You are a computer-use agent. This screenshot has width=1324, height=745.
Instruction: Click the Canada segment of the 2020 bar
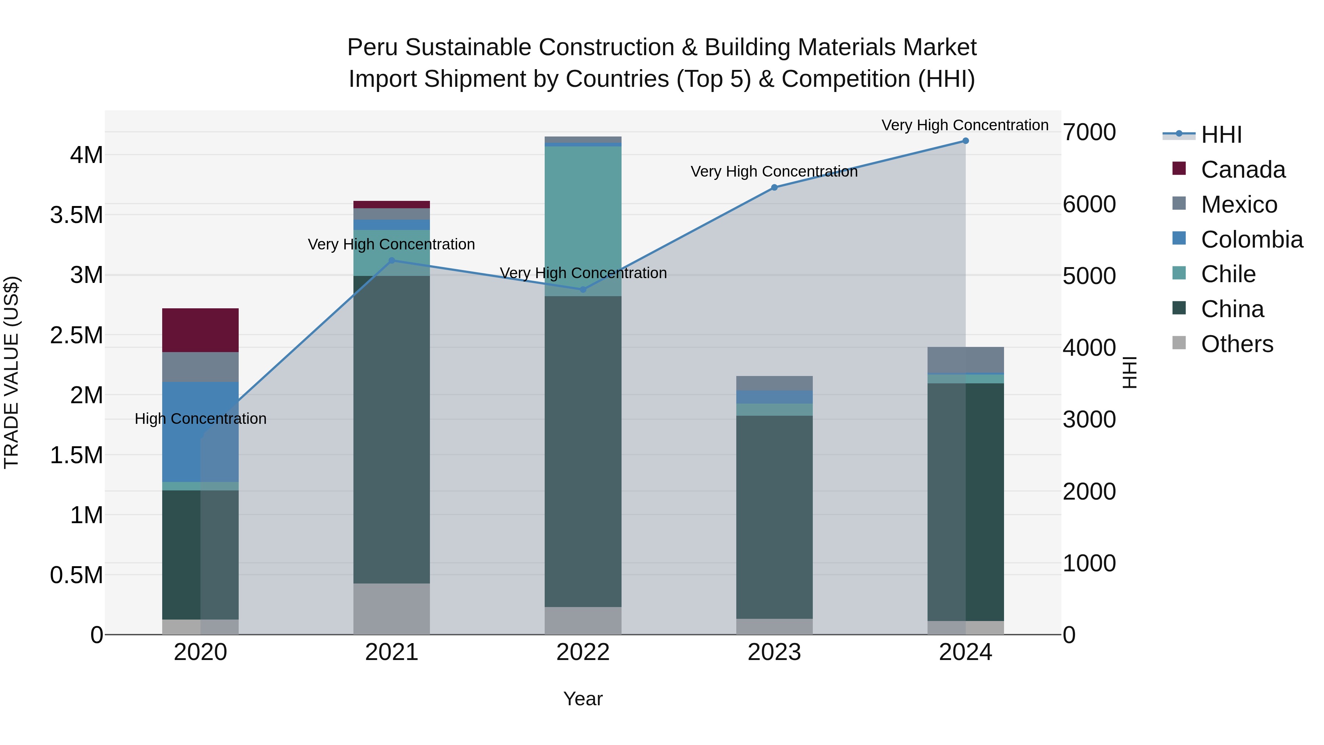click(x=200, y=330)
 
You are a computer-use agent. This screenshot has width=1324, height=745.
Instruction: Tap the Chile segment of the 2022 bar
click(x=583, y=221)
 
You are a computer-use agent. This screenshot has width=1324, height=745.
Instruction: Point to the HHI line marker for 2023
click(x=774, y=187)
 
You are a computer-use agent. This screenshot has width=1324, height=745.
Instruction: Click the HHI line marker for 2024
click(x=965, y=141)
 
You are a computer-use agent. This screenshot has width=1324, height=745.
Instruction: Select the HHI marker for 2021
click(x=391, y=260)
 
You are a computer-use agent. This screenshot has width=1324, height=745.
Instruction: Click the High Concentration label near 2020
click(x=200, y=419)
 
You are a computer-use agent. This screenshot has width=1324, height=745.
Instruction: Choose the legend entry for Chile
click(x=1228, y=274)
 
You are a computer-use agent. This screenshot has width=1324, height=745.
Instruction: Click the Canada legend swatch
click(x=1179, y=168)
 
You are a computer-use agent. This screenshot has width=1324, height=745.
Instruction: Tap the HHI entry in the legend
click(x=1221, y=135)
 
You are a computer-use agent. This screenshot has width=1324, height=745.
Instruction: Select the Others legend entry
click(x=1236, y=344)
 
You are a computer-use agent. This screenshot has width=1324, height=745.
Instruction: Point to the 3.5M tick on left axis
click(x=76, y=215)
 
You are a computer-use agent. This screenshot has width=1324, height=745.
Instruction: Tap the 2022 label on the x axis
click(x=583, y=652)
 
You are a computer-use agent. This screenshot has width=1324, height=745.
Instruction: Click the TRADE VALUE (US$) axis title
click(x=11, y=372)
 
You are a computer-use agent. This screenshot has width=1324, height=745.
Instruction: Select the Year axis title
click(x=583, y=699)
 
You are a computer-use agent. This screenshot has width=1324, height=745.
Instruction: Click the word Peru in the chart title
click(x=373, y=47)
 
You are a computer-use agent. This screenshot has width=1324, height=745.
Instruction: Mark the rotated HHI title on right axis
click(x=1130, y=372)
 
